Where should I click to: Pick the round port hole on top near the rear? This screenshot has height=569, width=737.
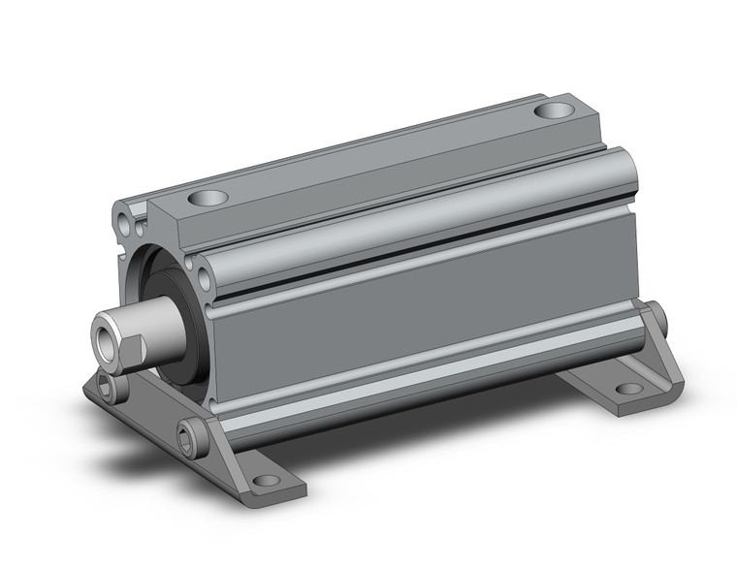[554, 111]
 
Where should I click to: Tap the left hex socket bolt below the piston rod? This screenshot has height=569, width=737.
[105, 388]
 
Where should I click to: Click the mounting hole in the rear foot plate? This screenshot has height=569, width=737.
[629, 389]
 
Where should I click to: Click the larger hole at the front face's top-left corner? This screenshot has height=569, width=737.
[121, 210]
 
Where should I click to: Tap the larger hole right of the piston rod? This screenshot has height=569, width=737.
[206, 280]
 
